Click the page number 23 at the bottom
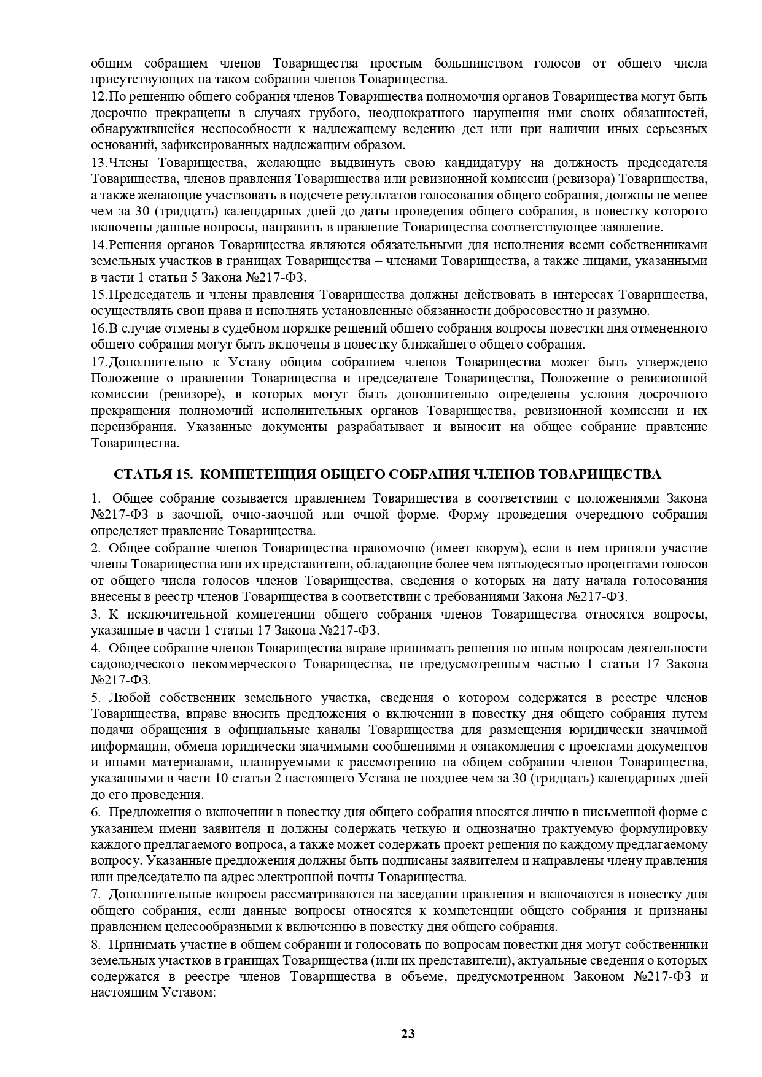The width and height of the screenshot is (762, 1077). pos(408,1034)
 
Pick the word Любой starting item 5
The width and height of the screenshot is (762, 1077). pos(130,698)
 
